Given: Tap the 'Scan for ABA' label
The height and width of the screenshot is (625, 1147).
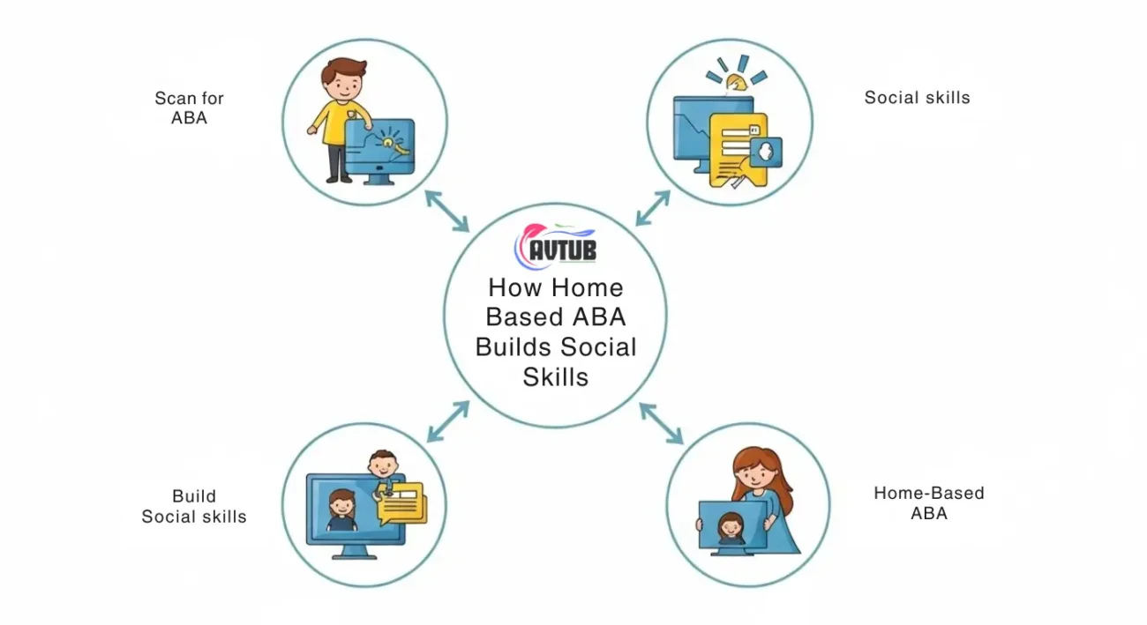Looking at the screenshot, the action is point(190,108).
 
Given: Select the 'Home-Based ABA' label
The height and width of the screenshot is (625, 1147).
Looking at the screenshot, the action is point(929,502).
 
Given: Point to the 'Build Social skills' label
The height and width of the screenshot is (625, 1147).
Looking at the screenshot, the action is point(194,506).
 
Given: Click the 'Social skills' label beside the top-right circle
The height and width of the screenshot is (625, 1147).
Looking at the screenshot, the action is point(917,98).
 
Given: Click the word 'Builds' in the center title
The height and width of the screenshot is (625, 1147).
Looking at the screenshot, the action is point(514,346).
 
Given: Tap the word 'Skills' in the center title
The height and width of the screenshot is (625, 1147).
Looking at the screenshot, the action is point(556,377).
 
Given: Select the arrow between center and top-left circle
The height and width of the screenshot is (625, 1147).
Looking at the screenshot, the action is point(447,212).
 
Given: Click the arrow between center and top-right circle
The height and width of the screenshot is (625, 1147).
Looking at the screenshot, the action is point(653,208).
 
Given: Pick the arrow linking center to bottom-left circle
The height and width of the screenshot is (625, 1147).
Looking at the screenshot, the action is point(448,421).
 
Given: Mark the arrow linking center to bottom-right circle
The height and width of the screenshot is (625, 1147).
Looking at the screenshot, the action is point(662,423).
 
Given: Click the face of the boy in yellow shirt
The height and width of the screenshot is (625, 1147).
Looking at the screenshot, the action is point(343,85).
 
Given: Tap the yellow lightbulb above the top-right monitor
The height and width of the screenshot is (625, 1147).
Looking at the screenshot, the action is point(737,83).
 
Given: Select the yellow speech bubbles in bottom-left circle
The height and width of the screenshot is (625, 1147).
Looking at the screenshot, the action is point(402,503).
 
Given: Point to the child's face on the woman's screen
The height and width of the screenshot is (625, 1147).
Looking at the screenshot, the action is point(731,526).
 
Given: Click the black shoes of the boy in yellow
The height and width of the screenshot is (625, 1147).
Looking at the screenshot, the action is point(339,179).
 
